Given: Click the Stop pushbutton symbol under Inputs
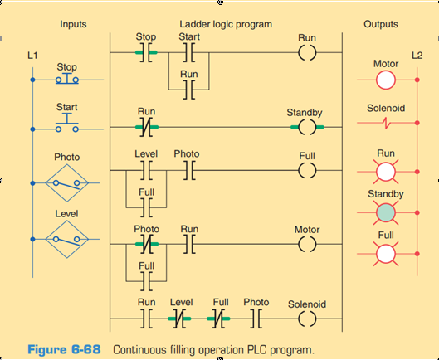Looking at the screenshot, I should pyautogui.click(x=67, y=80).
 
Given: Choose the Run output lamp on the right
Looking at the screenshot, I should pyautogui.click(x=385, y=172).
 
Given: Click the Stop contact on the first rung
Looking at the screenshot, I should pyautogui.click(x=146, y=55).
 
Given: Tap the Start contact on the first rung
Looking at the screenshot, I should pyautogui.click(x=188, y=55).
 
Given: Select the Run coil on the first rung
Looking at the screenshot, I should pyautogui.click(x=306, y=55).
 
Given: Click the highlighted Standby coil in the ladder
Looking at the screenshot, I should pyautogui.click(x=306, y=128).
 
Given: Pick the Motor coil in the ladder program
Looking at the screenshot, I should pyautogui.click(x=306, y=246).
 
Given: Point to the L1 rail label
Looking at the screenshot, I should pyautogui.click(x=32, y=55).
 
